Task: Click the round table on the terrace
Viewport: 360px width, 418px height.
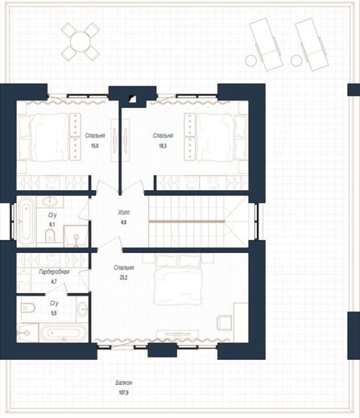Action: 80,42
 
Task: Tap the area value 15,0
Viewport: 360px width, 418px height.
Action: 95,146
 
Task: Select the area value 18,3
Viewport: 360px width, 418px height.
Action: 163,146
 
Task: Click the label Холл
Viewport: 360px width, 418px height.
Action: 124,212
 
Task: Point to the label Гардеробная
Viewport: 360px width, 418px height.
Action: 54,272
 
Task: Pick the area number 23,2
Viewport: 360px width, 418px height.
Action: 124,278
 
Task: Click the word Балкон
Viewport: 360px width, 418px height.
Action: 124,382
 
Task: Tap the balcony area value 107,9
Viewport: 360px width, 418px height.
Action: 124,392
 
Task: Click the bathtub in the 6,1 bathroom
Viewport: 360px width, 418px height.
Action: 26,221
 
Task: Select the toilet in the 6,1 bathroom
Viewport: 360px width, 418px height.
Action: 50,236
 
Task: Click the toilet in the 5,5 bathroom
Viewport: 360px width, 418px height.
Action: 28,308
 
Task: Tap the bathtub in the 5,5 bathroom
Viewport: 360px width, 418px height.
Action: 64,333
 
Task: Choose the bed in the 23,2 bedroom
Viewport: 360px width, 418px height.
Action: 178,280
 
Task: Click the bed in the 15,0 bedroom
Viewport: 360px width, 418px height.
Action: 44,137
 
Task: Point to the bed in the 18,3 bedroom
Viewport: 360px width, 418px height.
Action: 222,137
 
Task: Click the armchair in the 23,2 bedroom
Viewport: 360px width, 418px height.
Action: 224,323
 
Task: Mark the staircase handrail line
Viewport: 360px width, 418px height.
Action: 187,221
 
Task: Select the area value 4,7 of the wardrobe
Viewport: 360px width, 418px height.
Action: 54,282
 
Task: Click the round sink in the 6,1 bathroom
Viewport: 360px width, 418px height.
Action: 50,201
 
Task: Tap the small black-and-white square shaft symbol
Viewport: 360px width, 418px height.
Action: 132,99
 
